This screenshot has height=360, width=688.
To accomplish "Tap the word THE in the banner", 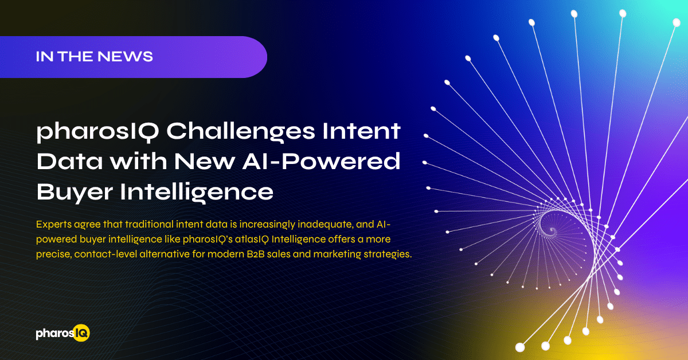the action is (75, 57).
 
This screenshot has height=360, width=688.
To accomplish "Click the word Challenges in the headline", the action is (241, 132).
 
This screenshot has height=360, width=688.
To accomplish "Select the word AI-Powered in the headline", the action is (321, 161).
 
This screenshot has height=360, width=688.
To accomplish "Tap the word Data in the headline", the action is (69, 161).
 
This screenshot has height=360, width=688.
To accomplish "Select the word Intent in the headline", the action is (361, 131).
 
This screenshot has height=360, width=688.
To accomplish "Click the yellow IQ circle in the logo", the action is (81, 333).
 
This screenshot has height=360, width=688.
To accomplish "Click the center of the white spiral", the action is (552, 230).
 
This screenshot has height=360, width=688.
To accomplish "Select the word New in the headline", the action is (205, 161).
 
